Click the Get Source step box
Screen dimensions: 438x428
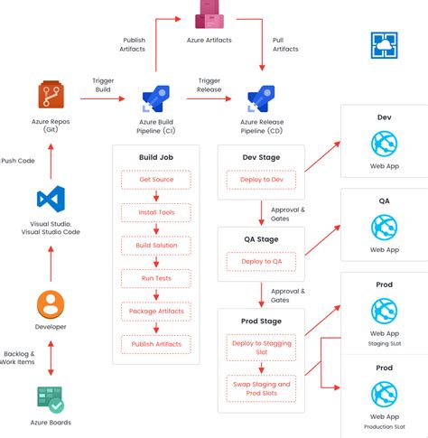point(156,180)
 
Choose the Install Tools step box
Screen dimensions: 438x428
point(156,212)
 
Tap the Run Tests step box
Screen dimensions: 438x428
point(156,278)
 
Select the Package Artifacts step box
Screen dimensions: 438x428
point(156,311)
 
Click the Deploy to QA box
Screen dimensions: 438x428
point(261,262)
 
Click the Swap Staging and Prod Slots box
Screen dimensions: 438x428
point(261,388)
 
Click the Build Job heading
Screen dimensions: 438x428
point(156,157)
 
